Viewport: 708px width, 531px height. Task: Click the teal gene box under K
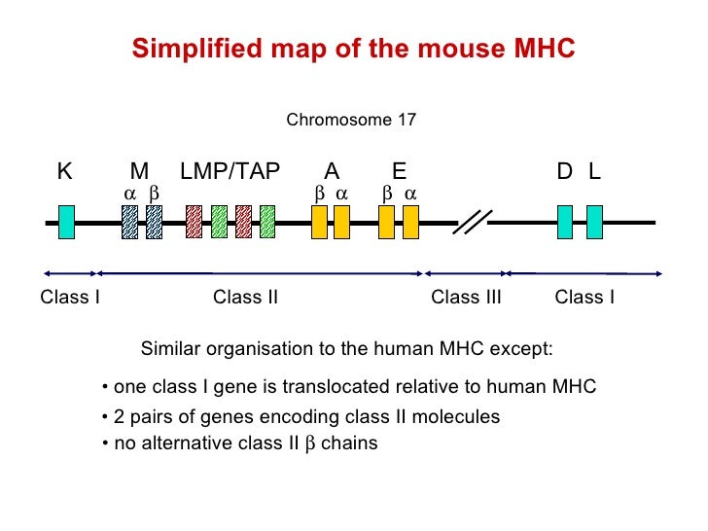click(66, 222)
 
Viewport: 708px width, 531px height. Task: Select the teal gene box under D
click(565, 222)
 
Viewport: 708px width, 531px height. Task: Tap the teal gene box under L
click(594, 222)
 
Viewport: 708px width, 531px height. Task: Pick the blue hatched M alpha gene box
click(129, 222)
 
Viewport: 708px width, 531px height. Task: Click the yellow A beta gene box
click(319, 222)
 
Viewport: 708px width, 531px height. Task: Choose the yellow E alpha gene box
click(410, 222)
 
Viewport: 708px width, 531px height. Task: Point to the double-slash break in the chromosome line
click(472, 223)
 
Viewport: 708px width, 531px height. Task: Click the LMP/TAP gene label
click(230, 172)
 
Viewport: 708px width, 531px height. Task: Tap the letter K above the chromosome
click(64, 172)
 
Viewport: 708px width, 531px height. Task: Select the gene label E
click(399, 172)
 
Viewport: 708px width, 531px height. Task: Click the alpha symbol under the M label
click(129, 194)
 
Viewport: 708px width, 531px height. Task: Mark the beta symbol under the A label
click(319, 194)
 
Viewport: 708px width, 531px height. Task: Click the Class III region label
click(466, 298)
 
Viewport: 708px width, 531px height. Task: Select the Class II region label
click(245, 298)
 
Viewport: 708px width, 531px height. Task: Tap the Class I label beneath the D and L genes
click(584, 298)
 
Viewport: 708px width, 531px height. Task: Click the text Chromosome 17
click(351, 121)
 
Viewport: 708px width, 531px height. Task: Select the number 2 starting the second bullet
click(119, 417)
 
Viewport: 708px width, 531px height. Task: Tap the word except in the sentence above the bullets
click(524, 349)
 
